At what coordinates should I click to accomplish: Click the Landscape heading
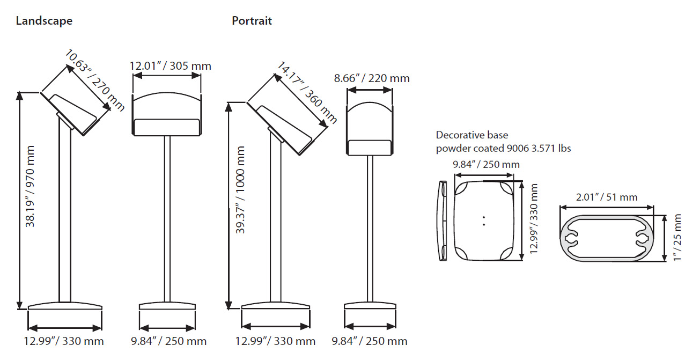[x=44, y=21]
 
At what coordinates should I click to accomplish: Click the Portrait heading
[x=252, y=21]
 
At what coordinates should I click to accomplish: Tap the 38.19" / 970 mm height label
[x=30, y=187]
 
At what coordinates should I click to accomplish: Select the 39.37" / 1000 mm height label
[x=240, y=190]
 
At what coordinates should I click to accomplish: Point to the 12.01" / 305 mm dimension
[x=171, y=66]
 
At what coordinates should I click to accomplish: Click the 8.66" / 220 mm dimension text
[x=372, y=78]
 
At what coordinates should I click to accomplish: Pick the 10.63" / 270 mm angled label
[x=95, y=80]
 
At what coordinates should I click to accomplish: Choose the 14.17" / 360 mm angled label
[x=307, y=93]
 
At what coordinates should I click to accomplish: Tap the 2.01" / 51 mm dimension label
[x=607, y=197]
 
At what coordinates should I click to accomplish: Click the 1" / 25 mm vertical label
[x=677, y=238]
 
